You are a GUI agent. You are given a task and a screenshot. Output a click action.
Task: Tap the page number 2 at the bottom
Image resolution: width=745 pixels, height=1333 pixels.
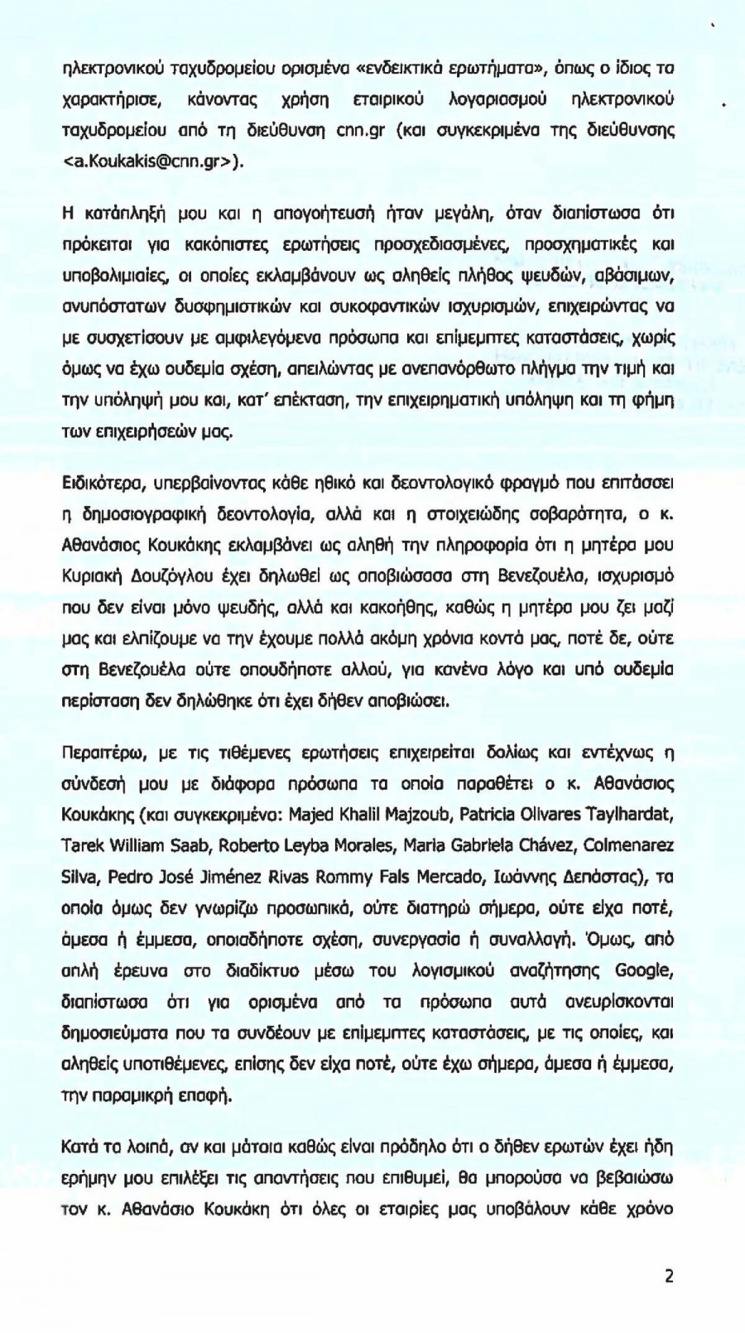click(669, 1276)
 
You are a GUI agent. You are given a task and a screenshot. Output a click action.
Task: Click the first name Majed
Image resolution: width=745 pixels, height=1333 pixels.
click(313, 815)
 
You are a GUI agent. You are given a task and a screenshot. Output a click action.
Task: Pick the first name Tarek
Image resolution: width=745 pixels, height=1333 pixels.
click(81, 845)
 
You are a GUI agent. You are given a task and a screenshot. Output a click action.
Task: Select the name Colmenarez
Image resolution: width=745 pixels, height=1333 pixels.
click(628, 845)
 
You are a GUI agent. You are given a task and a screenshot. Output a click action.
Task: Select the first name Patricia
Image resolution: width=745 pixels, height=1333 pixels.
click(487, 815)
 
